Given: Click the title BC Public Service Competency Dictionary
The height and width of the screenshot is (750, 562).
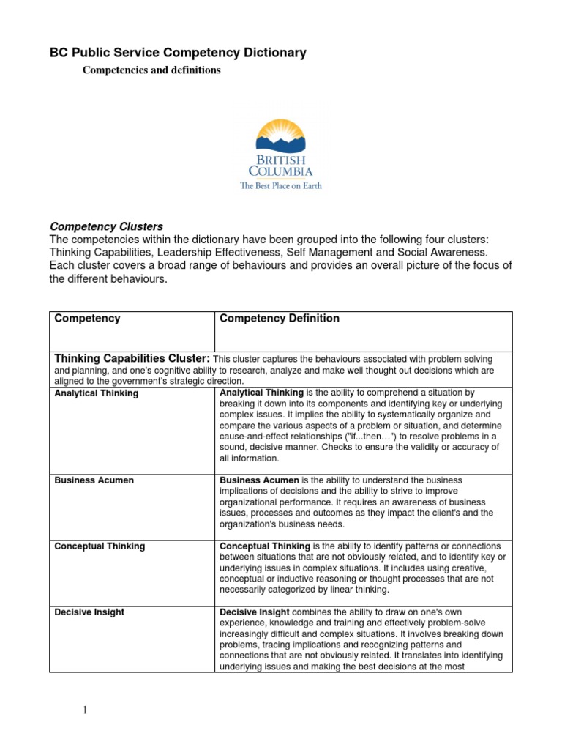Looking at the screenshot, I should point(178,53).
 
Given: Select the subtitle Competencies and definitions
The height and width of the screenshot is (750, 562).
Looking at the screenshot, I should point(151,70).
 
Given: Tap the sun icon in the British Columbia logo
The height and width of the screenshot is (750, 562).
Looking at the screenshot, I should point(281,135).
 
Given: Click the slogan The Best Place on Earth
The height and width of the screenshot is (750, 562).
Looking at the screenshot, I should point(281,186).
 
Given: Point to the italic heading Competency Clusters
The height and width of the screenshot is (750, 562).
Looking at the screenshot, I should point(106,226).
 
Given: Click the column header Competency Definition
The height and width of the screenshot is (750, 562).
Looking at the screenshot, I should point(280,319).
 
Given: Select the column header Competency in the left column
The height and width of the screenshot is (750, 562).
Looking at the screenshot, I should point(88,319).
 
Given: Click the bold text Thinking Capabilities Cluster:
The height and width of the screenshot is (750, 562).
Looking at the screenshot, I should point(132,359).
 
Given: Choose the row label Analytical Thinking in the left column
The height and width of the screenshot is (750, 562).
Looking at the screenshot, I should point(97,393).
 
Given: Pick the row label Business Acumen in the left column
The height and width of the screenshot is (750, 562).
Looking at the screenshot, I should point(94,480).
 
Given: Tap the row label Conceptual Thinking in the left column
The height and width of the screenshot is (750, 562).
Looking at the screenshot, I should point(100,546).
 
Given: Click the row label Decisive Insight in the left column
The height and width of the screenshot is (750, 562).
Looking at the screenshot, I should point(89,612).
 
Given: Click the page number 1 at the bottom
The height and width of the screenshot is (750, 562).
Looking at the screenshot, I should point(84,710).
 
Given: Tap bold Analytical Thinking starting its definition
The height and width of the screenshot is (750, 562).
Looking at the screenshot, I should point(261,393).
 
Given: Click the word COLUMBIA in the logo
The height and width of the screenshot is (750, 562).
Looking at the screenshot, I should point(281,171).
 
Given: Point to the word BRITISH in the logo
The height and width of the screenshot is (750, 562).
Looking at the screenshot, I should point(281,160).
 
